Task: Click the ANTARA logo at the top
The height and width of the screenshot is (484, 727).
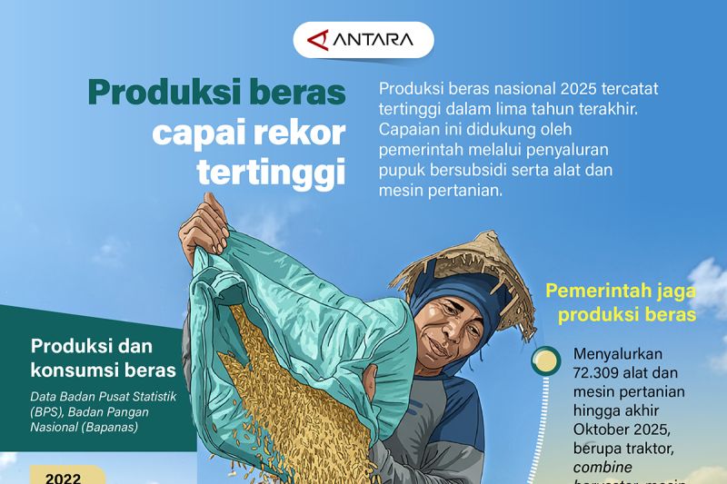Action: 363,40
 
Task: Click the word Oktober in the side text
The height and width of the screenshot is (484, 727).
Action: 605,430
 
